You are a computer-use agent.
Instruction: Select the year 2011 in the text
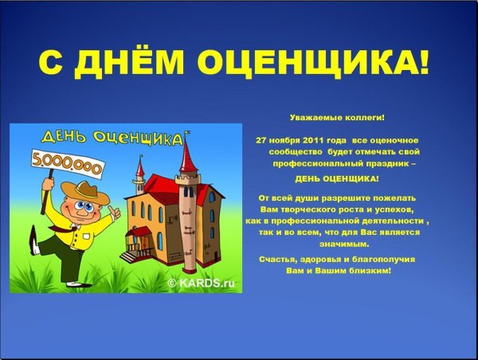point(308,139)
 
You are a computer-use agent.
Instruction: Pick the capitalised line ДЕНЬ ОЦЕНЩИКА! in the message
point(337,178)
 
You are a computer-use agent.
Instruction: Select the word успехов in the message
point(386,209)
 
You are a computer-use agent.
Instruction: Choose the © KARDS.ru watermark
point(201,282)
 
